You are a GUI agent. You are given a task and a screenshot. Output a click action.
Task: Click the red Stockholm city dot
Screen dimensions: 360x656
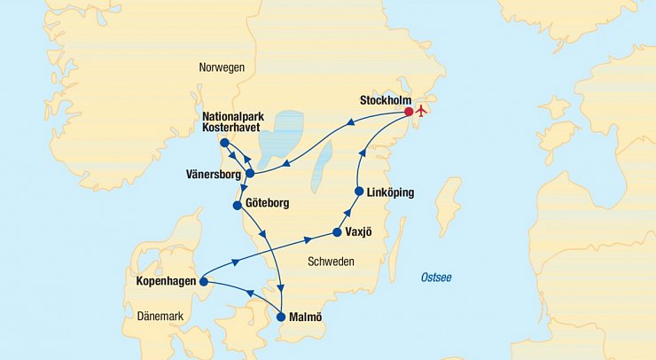click(x=409, y=112)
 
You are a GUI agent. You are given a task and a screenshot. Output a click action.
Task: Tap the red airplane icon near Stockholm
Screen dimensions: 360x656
click(x=422, y=112)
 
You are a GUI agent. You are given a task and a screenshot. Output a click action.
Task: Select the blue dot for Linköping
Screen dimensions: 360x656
click(x=359, y=192)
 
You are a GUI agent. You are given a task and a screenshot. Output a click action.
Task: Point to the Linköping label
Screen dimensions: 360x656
click(x=390, y=192)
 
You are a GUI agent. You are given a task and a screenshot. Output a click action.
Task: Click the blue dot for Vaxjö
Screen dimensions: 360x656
click(x=338, y=232)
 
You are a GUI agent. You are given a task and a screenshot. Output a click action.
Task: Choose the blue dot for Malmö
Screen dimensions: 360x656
click(x=282, y=316)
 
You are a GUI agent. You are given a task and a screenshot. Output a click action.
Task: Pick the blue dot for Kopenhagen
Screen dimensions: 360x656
click(x=204, y=282)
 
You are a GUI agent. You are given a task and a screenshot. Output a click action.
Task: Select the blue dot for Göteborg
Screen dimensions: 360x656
click(x=237, y=206)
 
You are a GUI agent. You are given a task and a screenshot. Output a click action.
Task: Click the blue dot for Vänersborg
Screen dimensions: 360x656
click(x=251, y=173)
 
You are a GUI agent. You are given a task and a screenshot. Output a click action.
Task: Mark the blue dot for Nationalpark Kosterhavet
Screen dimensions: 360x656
click(x=225, y=143)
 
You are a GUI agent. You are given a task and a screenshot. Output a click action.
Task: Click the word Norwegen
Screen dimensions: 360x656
click(x=223, y=67)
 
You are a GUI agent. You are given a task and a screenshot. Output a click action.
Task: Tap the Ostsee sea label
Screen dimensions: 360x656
click(x=436, y=278)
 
